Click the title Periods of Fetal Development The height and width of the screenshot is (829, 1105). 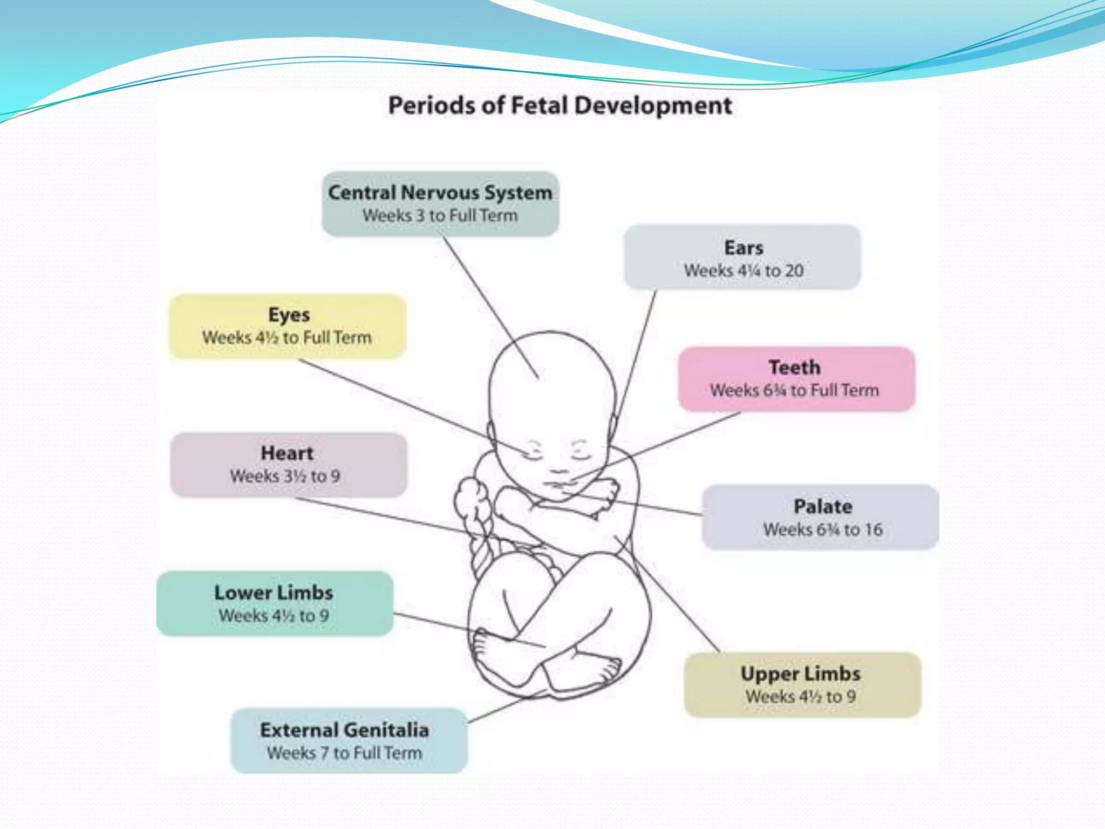click(x=560, y=105)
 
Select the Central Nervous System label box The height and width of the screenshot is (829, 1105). click(x=440, y=204)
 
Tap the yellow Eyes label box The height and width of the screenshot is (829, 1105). click(x=288, y=326)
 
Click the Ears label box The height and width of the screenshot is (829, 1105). click(x=742, y=257)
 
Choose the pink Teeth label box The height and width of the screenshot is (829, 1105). click(x=796, y=379)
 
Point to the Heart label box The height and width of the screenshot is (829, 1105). click(x=288, y=465)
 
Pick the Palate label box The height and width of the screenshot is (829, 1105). click(x=821, y=517)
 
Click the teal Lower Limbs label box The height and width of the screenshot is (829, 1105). click(x=275, y=603)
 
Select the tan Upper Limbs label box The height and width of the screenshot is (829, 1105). click(x=802, y=684)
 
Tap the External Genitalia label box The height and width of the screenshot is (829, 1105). click(x=349, y=740)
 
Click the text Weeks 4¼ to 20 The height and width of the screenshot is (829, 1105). click(x=744, y=270)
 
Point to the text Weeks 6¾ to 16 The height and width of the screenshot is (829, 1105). click(x=823, y=529)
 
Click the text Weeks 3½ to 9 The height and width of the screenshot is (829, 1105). click(x=285, y=476)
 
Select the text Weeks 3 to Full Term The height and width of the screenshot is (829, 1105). click(x=440, y=215)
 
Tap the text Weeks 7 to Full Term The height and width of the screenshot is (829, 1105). click(x=344, y=752)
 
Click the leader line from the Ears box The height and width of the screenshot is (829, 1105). click(x=637, y=356)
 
